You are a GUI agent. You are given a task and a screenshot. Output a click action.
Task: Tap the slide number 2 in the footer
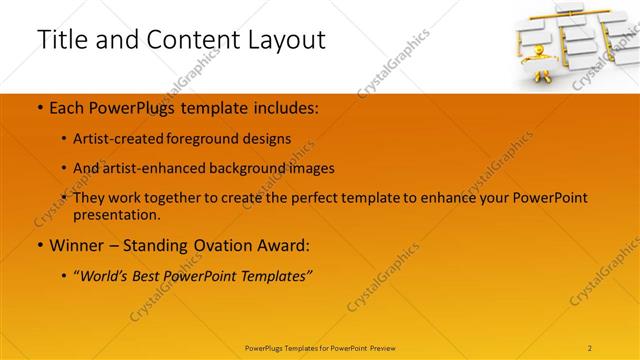[590, 347]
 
